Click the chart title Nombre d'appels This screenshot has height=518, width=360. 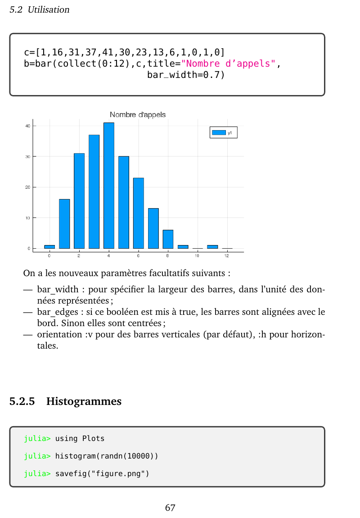(138, 115)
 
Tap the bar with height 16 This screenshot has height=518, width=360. (64, 223)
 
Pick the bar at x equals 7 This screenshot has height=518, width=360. (153, 228)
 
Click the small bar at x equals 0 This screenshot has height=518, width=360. (49, 247)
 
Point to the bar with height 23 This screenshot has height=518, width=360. (138, 213)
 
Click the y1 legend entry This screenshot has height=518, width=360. (223, 132)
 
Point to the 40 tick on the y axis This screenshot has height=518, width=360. (27, 126)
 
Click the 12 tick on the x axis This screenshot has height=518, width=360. (227, 256)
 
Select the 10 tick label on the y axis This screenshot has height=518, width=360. (27, 218)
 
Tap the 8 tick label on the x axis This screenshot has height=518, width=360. (167, 256)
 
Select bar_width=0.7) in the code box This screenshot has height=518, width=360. (185, 75)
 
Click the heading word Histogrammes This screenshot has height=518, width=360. (84, 401)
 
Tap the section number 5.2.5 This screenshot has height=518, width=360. (22, 401)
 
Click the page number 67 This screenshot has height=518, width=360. (170, 508)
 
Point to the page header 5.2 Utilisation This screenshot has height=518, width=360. (40, 10)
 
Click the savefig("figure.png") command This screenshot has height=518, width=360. (102, 474)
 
